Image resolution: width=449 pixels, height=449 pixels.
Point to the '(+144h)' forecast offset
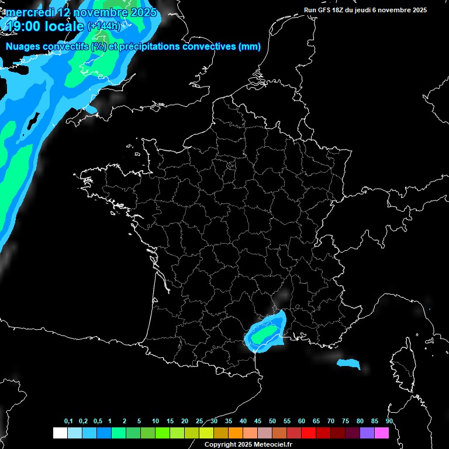click(104, 26)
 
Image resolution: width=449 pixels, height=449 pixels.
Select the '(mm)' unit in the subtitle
click(250, 47)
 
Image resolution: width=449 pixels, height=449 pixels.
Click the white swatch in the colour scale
click(60, 433)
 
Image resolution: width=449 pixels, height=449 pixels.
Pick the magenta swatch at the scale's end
click(382, 433)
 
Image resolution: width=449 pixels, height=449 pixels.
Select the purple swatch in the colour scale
click(367, 433)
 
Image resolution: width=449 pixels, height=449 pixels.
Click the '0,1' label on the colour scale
click(68, 422)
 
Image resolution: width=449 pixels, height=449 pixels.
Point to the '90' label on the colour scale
click(389, 422)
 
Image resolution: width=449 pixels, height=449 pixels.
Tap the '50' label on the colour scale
click(272, 422)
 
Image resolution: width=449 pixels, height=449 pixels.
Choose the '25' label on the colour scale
click(199, 422)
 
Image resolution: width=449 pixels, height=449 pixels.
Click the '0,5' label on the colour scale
click(98, 422)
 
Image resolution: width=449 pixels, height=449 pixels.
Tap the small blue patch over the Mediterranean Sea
click(349, 364)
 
